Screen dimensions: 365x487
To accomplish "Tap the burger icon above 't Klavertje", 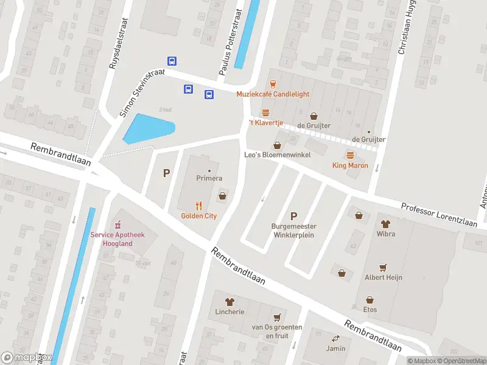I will point(265,113).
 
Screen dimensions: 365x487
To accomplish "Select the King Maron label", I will point(350,165).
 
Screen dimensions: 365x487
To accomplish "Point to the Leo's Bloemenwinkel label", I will point(278,155).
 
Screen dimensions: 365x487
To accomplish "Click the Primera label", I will point(209,178).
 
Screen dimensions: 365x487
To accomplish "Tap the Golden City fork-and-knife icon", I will point(198,206).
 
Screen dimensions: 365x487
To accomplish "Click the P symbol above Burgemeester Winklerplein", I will point(294,216).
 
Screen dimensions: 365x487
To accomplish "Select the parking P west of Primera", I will point(166,173).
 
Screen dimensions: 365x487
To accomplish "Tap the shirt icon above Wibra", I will point(385,223).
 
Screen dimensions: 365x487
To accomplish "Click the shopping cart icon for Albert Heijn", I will point(383,267).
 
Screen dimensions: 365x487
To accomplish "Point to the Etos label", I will point(370,310).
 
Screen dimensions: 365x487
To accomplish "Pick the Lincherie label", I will point(229,311).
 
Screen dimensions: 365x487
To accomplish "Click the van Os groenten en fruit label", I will point(277,331).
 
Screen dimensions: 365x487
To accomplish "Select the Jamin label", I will point(335,349).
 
